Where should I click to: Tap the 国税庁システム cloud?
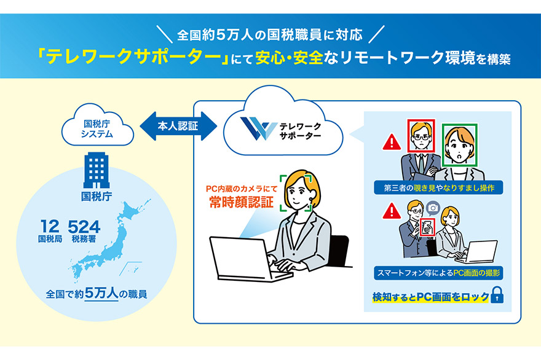98,127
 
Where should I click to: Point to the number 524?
84,226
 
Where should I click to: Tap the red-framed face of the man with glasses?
421,136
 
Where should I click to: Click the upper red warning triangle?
390,143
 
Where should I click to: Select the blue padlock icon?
498,297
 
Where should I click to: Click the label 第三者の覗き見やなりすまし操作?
438,187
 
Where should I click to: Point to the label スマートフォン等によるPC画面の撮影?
438,271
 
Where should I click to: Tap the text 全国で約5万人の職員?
97,294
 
